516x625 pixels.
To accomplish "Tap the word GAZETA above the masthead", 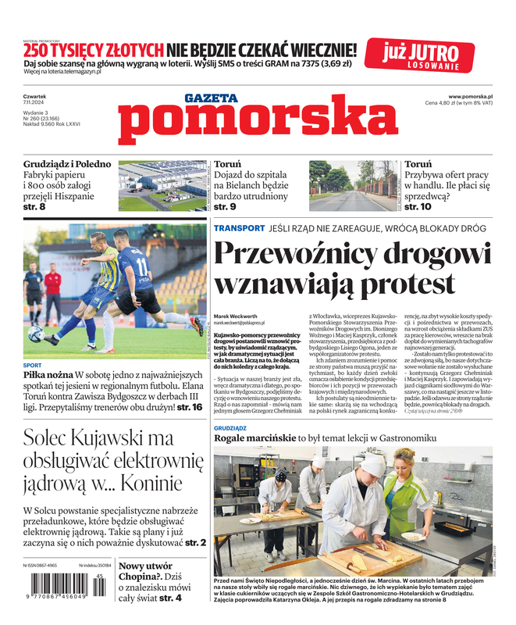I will [x=211, y=98].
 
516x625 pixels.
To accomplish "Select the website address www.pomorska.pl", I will [x=475, y=96].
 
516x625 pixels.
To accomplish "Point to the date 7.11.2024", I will [x=35, y=104].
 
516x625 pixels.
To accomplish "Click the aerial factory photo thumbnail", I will [x=163, y=185].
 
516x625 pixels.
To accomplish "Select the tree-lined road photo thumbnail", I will [x=353, y=185].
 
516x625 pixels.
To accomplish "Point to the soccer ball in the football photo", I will [x=35, y=334].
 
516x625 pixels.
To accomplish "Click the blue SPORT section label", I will [x=33, y=365].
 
